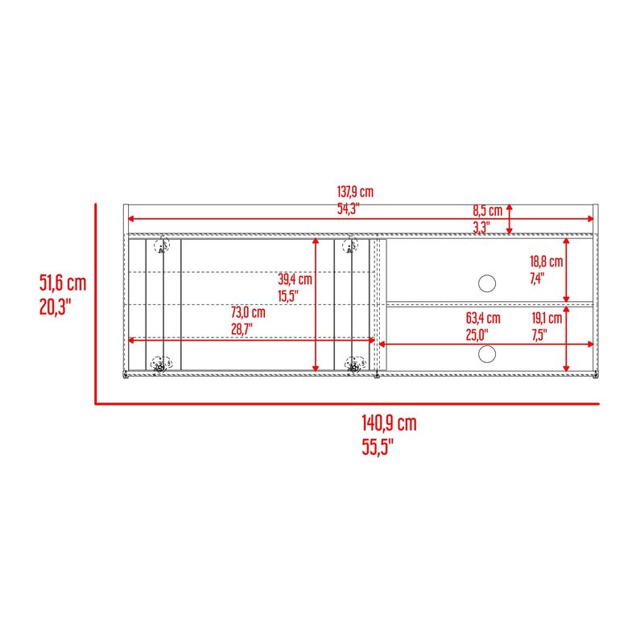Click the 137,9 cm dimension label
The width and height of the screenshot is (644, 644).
coord(355,192)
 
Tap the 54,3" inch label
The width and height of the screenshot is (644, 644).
coord(349,208)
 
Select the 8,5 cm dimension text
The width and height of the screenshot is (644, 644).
coord(488,211)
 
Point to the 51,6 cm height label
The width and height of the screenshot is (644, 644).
coord(63,283)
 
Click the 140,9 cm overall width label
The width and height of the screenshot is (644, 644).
coord(389,423)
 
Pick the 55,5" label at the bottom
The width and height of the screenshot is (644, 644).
coord(378,447)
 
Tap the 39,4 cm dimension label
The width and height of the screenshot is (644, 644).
coord(295,279)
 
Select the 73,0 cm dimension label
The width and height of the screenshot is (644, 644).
coord(248,312)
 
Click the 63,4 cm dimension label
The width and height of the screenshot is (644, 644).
coord(483,318)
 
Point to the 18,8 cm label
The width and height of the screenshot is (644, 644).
coord(547,261)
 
